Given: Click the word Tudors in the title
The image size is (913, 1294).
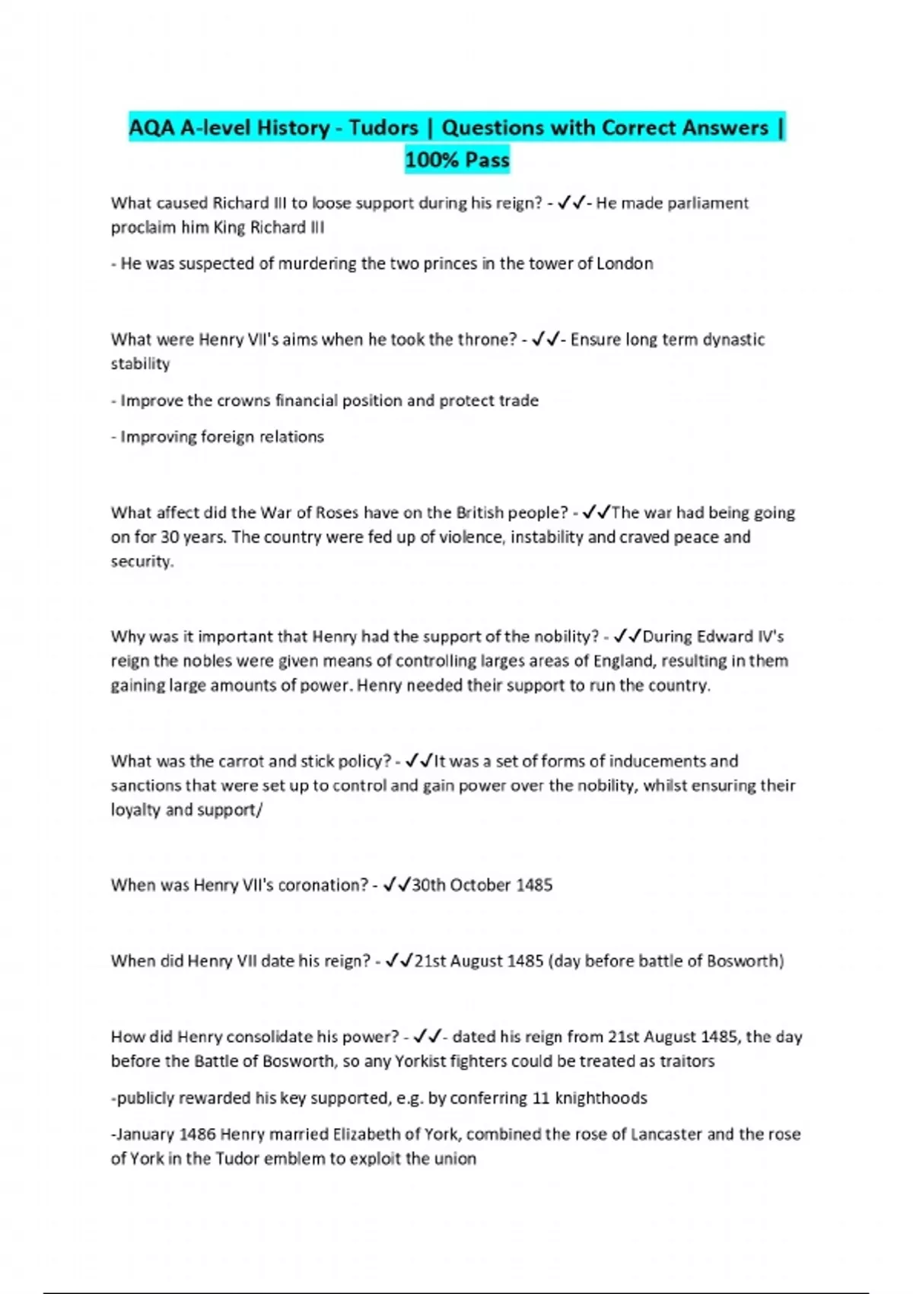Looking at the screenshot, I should click(x=383, y=127).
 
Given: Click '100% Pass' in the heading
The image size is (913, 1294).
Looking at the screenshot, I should click(x=456, y=160).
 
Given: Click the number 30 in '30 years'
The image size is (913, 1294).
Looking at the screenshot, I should click(x=170, y=537).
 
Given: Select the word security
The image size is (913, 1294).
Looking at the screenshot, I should click(x=142, y=562).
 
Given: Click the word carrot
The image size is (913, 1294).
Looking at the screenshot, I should click(x=241, y=761).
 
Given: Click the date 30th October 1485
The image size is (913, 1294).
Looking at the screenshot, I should click(x=482, y=885).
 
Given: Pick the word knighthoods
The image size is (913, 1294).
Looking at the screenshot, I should click(x=601, y=1098).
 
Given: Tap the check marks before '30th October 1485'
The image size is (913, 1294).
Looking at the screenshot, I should click(x=396, y=884).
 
